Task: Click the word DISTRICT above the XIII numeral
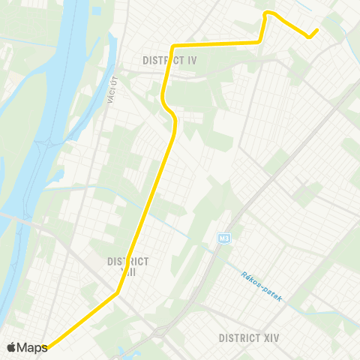coord(127,261)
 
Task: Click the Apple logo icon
coord(12,346)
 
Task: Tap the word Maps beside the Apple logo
coord(33,346)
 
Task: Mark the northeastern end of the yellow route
coord(317,30)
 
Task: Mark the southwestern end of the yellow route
coord(46,347)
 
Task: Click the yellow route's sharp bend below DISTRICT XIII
coord(117,293)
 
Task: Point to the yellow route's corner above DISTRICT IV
coord(175,43)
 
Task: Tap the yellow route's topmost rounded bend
coord(268,13)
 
